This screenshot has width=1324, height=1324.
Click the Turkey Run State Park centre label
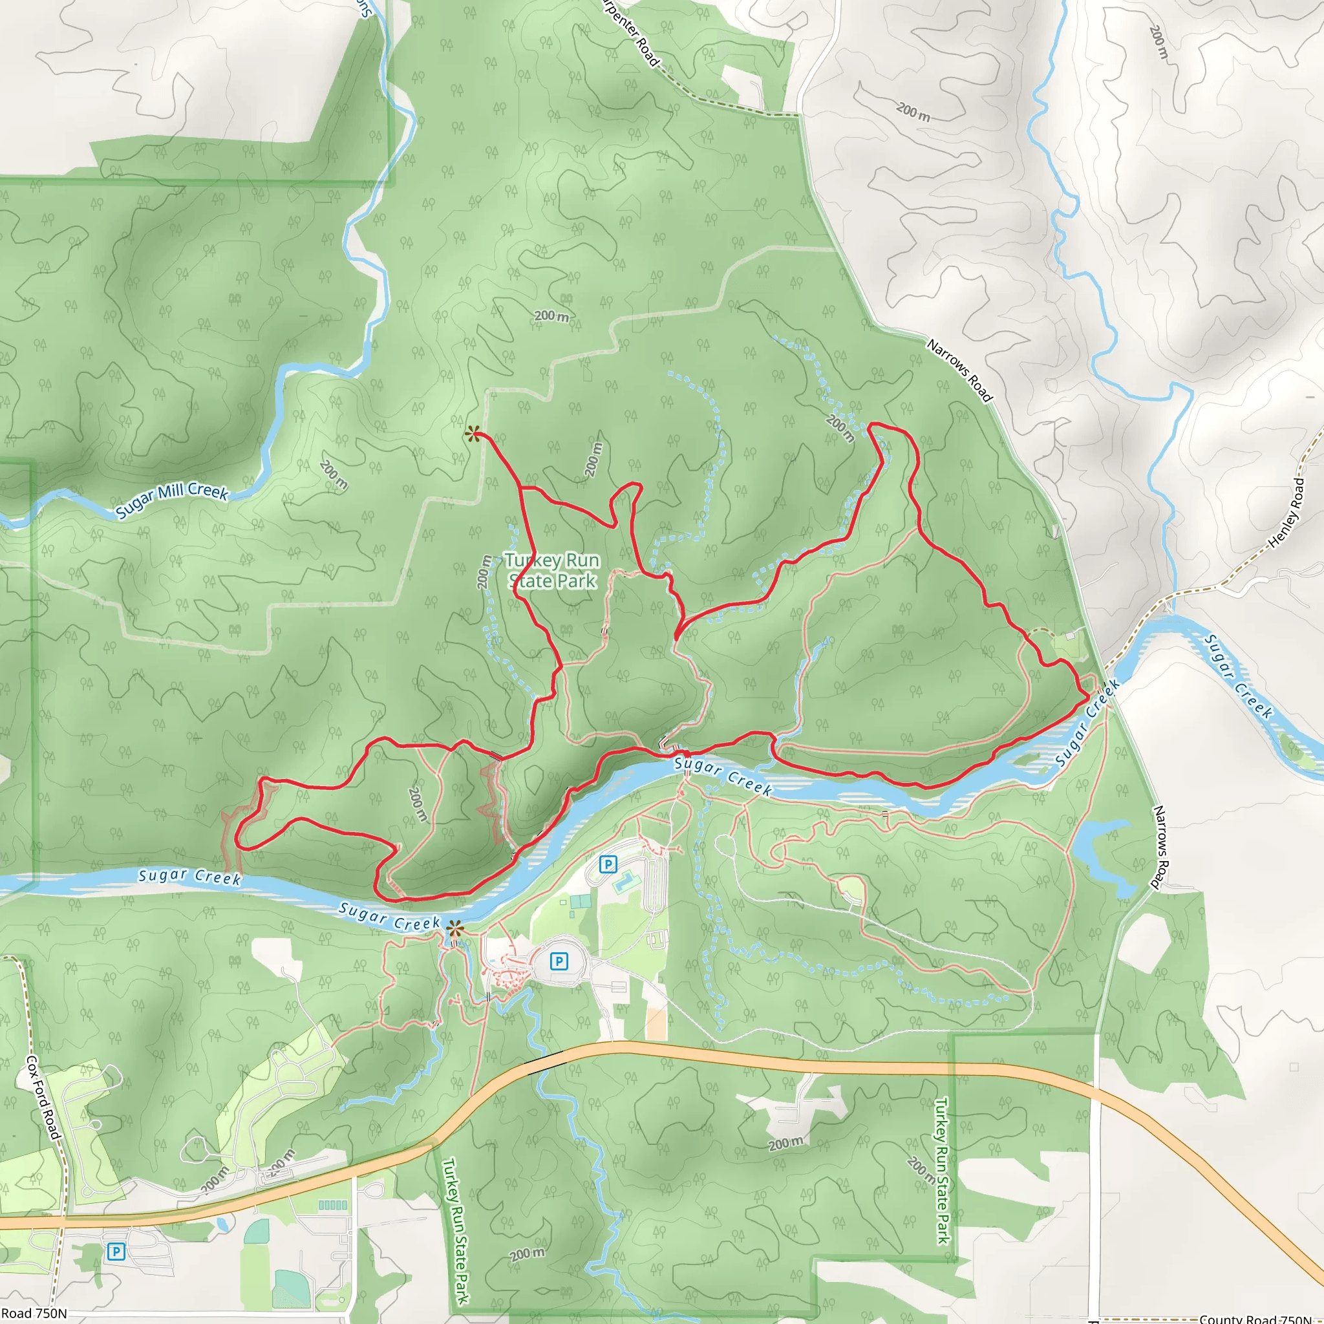552,570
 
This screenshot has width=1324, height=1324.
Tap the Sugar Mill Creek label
171,500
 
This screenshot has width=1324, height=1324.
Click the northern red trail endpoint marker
472,434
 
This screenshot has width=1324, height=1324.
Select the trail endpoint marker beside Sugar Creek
454,930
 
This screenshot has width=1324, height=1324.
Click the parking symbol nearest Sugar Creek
607,864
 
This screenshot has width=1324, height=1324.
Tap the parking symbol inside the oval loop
559,961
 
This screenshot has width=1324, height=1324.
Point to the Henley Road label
1287,513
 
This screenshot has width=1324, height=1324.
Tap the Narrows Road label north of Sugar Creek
959,370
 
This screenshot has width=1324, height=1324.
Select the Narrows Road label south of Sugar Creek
1160,847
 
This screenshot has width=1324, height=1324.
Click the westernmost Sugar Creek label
190,877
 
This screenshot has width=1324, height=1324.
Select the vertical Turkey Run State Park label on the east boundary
943,1171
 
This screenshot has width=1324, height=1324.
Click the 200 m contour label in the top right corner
1157,43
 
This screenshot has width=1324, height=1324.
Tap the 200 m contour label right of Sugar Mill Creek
334,475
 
